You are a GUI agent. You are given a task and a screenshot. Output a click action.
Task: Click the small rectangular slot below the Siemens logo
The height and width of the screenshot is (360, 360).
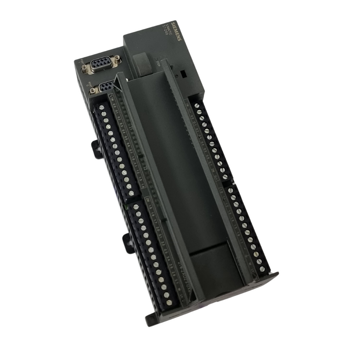[182, 75]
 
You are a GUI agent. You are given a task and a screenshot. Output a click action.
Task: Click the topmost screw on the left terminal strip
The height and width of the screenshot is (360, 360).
[102, 107]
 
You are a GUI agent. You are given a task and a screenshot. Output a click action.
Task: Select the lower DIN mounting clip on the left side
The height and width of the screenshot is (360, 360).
[128, 242]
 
